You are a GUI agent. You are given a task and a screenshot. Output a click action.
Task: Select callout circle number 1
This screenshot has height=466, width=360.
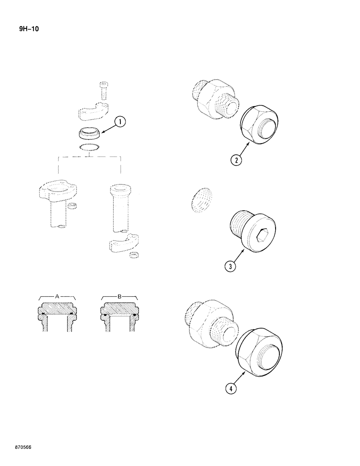120,123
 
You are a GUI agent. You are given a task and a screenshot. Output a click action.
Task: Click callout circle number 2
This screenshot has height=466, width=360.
236,160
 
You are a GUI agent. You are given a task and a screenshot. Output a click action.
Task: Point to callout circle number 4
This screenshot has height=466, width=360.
230,388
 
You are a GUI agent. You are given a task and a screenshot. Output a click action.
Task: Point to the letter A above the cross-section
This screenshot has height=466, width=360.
57,295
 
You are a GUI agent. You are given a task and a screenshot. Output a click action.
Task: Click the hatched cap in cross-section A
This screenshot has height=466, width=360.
57,309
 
